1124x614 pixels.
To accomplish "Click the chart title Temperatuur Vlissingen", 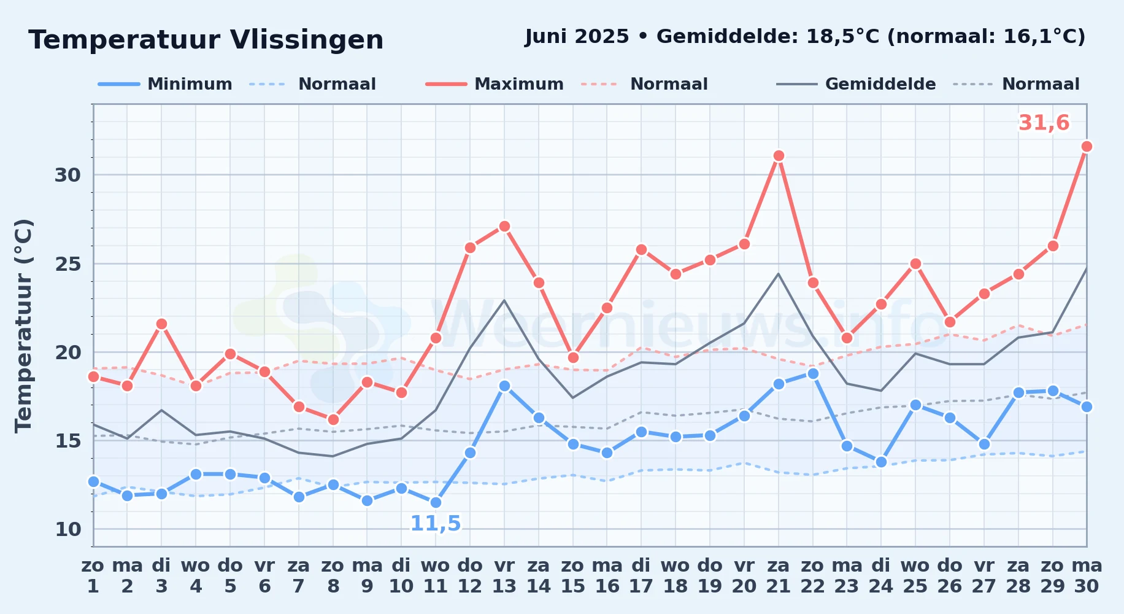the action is click(x=206, y=40).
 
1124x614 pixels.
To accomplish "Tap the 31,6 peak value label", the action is click(x=1044, y=123).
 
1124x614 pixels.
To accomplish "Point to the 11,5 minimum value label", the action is click(x=436, y=524).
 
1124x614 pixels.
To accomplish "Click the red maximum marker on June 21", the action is click(x=779, y=156).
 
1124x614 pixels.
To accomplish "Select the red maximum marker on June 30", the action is click(x=1087, y=147).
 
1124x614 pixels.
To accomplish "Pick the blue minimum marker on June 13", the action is click(x=504, y=386).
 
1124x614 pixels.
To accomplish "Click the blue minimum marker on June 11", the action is click(x=436, y=503).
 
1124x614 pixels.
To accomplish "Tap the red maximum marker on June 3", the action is click(x=161, y=324).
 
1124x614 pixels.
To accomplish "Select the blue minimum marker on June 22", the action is click(x=813, y=373).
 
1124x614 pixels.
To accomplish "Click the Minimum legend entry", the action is click(x=165, y=84).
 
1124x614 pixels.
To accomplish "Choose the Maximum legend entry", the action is click(x=495, y=84).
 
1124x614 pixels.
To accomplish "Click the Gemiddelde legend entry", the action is click(x=856, y=84).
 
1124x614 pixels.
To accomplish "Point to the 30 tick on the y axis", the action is click(x=67, y=175).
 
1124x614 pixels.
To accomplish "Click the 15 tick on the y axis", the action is click(x=67, y=441).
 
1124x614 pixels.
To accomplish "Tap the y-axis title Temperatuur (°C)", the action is click(x=23, y=325).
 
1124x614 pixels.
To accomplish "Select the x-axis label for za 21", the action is click(x=779, y=575).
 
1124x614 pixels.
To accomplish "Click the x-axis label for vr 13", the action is click(x=504, y=575).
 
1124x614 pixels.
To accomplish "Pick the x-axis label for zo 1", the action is click(x=93, y=575).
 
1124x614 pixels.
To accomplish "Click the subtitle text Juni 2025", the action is click(x=577, y=37).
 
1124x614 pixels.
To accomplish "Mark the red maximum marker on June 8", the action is click(x=333, y=420).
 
